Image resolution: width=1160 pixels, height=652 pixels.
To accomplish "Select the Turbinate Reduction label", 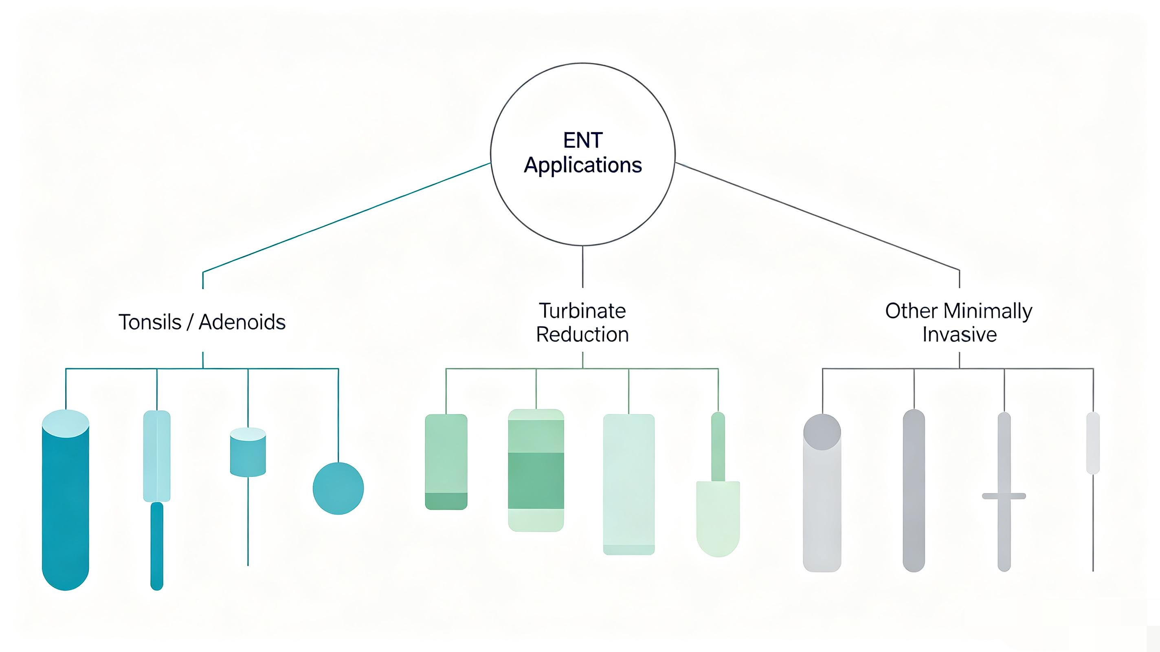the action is [x=582, y=323].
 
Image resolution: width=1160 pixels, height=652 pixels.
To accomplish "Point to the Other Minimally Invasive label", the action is [x=959, y=323].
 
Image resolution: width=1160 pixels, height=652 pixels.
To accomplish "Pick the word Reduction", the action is [x=582, y=334].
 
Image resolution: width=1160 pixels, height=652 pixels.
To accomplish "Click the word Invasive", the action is [x=959, y=334].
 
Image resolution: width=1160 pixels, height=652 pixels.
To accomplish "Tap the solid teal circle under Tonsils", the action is [x=338, y=489].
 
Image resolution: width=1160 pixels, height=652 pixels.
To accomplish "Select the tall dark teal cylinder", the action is [x=66, y=500].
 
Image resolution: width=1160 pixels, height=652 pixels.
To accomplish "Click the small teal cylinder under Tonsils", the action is [x=248, y=452].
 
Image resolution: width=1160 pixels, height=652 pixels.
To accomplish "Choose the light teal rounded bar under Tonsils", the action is [x=157, y=456].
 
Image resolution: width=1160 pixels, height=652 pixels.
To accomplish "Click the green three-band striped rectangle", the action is [x=536, y=470].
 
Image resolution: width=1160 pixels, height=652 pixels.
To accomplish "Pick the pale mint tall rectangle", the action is [x=628, y=485].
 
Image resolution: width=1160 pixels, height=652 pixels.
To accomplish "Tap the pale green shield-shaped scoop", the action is [x=718, y=519].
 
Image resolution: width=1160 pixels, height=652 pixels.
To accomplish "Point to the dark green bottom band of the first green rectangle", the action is [x=446, y=501].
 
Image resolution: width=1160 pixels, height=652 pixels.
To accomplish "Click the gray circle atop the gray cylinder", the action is [x=822, y=432].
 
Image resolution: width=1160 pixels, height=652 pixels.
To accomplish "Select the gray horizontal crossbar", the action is [x=1004, y=496].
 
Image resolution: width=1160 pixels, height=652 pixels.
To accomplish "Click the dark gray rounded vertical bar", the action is [x=914, y=491].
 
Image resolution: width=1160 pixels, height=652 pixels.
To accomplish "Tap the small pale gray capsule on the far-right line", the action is [x=1093, y=443].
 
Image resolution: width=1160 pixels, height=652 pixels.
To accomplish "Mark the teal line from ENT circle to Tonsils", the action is [x=347, y=218].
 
